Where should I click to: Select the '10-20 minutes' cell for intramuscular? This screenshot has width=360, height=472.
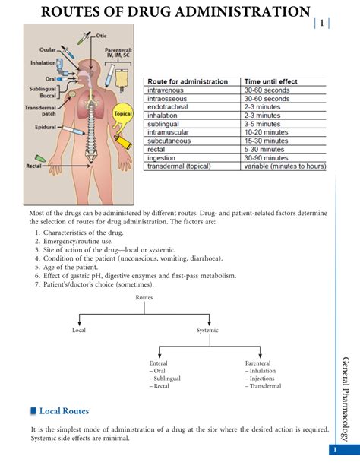click(x=265, y=132)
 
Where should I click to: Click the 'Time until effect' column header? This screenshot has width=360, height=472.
click(x=270, y=81)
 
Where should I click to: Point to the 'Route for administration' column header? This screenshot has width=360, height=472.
click(x=188, y=81)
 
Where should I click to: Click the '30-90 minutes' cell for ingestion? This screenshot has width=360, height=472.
click(x=265, y=157)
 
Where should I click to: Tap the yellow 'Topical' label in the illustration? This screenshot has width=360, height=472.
click(x=122, y=114)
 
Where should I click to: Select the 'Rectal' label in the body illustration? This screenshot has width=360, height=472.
click(x=33, y=166)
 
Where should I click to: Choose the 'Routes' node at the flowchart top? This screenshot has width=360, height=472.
click(x=144, y=297)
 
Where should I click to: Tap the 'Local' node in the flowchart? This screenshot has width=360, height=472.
click(x=79, y=331)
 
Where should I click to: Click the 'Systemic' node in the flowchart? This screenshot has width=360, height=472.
click(x=207, y=331)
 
